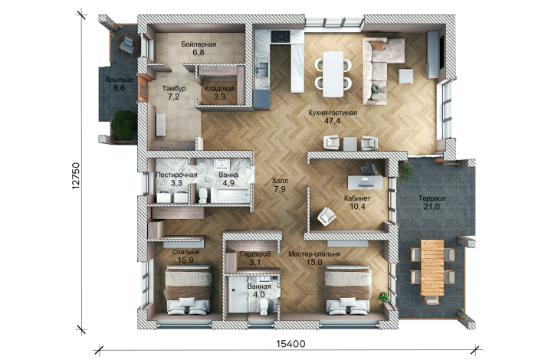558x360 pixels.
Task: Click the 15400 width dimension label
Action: pyautogui.click(x=290, y=344)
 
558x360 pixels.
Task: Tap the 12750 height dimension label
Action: pyautogui.click(x=75, y=175)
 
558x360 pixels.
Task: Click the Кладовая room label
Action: pyautogui.click(x=219, y=89)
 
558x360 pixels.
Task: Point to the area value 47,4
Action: pyautogui.click(x=332, y=121)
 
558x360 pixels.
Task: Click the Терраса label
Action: pyautogui.click(x=432, y=198)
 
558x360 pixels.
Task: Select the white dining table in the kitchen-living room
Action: pyautogui.click(x=333, y=74)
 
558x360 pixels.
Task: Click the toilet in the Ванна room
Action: pyautogui.click(x=203, y=195)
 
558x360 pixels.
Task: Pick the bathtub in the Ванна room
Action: pyautogui.click(x=231, y=195)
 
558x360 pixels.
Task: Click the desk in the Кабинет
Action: pyautogui.click(x=365, y=182)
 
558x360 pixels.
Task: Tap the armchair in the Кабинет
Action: pyautogui.click(x=327, y=216)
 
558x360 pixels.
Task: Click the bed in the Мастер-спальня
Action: pyautogui.click(x=348, y=291)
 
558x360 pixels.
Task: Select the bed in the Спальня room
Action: pyautogui.click(x=188, y=290)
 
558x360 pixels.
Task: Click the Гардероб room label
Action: pyautogui.click(x=255, y=254)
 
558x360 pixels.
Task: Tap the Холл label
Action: pyautogui.click(x=280, y=181)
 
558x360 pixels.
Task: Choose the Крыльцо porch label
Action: pyautogui.click(x=120, y=80)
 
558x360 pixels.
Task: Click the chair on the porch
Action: pyautogui.click(x=127, y=44)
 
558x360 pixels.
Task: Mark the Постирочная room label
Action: pyautogui.click(x=176, y=175)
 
